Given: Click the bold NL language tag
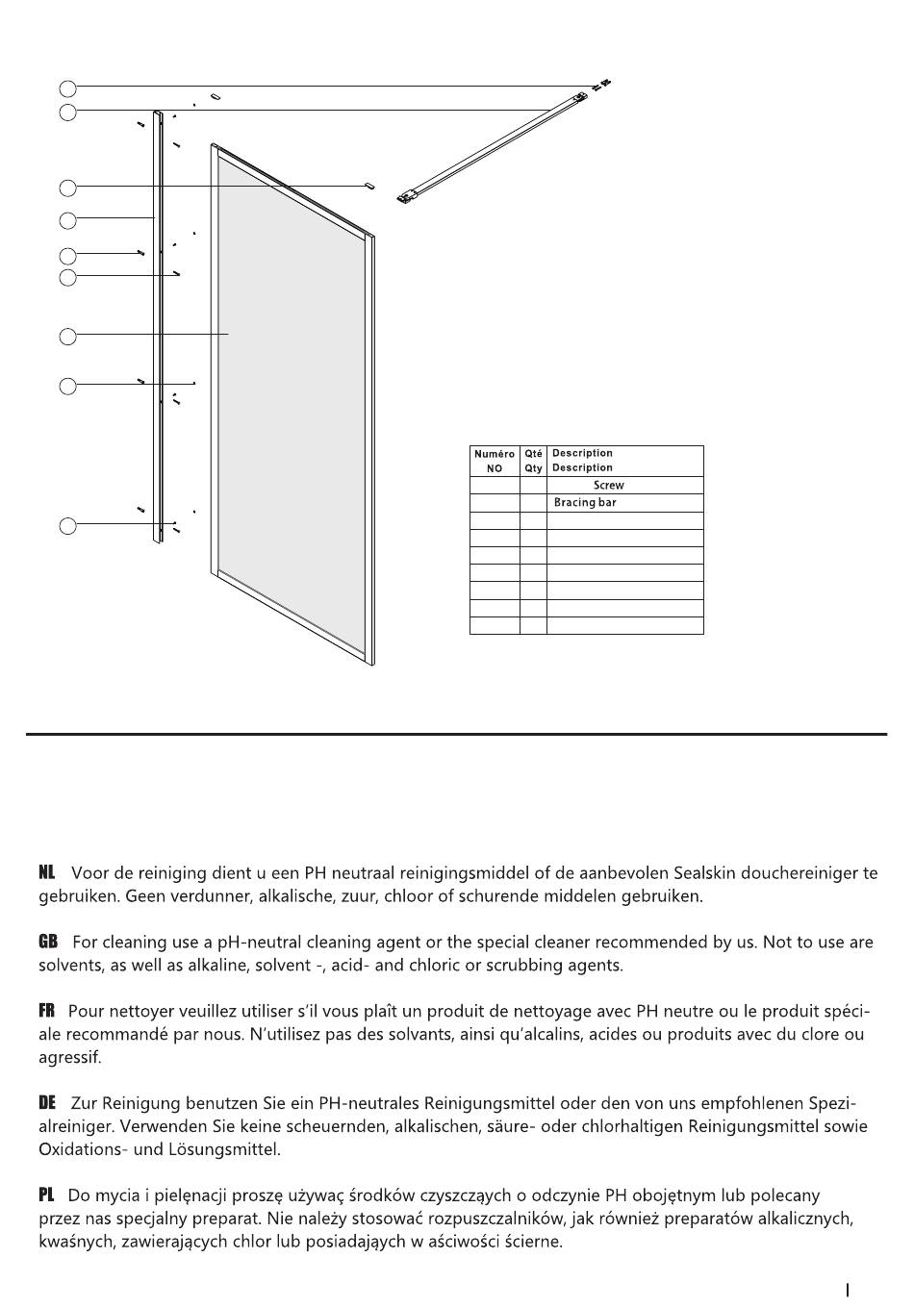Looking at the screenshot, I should [x=46, y=873].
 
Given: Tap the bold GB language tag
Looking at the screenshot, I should [x=47, y=942].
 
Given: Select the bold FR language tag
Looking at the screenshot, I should [x=46, y=1011].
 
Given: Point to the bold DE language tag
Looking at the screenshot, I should [x=47, y=1102].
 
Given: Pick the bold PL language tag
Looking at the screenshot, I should [x=46, y=1195].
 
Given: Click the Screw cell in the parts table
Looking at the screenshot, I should [x=608, y=486].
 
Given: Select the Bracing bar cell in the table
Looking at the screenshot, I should [x=585, y=503].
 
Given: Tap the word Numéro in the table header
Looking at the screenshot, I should [x=495, y=454].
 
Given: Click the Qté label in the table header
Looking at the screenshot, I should [x=534, y=454].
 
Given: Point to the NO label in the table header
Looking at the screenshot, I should [x=495, y=468].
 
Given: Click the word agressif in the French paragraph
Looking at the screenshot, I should [x=68, y=1058].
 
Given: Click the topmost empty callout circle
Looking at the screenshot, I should [x=67, y=88].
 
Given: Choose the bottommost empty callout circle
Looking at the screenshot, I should [x=67, y=526].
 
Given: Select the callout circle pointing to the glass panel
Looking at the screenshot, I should [x=67, y=337].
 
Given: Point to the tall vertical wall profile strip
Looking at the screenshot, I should [x=158, y=327].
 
